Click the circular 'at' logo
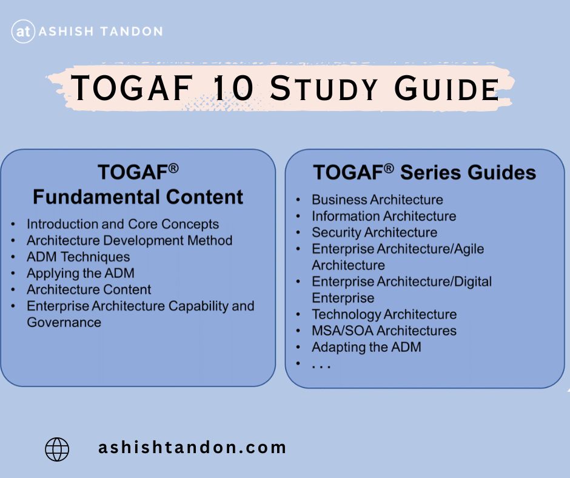click(x=23, y=32)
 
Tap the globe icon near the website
click(x=57, y=449)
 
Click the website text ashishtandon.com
click(x=192, y=448)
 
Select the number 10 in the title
click(x=233, y=88)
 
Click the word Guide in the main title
click(x=447, y=89)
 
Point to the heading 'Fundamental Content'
click(x=138, y=197)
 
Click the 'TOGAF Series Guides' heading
click(x=424, y=172)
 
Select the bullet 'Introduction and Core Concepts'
click(x=123, y=224)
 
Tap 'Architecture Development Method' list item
click(x=129, y=240)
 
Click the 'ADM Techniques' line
click(x=78, y=257)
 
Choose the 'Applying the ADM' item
click(x=81, y=273)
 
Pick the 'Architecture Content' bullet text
click(x=89, y=289)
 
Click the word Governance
click(x=64, y=322)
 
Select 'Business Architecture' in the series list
click(x=377, y=200)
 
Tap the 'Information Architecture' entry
click(x=384, y=216)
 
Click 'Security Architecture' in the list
click(x=374, y=232)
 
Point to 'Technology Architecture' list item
click(x=384, y=314)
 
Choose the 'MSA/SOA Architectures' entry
click(x=384, y=331)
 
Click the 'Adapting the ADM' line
click(x=366, y=347)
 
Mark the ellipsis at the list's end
click(x=321, y=366)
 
